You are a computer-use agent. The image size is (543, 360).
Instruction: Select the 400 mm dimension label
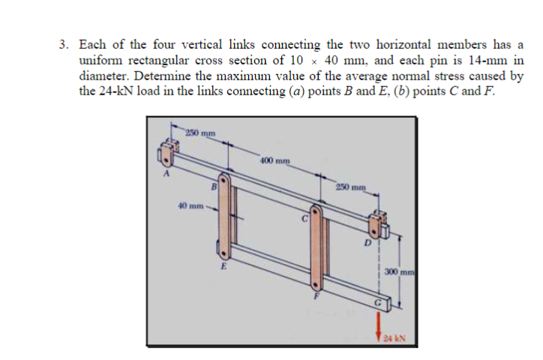tap(270, 160)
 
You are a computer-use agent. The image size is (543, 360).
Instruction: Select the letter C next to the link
tap(304, 220)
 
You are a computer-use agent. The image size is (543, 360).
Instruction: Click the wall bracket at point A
tap(165, 154)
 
